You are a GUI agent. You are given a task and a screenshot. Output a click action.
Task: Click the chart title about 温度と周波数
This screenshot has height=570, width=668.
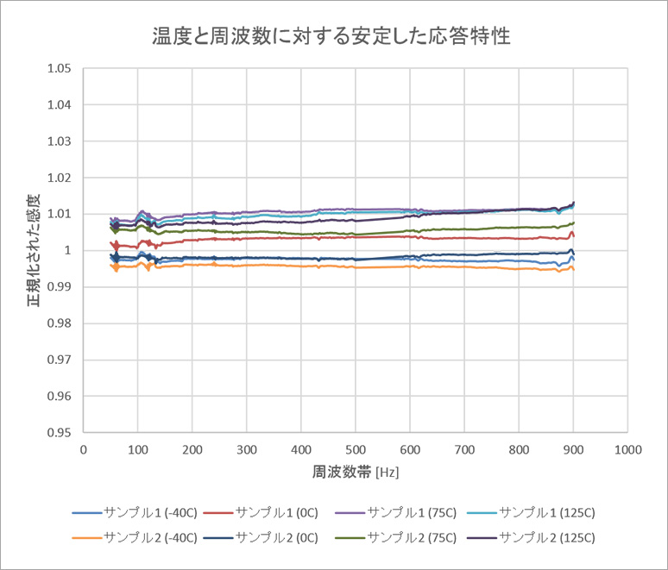point(331,36)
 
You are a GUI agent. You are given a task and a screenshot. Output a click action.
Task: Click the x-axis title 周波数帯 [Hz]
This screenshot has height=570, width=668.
point(356,473)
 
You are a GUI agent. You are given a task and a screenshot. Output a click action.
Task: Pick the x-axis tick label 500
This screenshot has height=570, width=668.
point(356,449)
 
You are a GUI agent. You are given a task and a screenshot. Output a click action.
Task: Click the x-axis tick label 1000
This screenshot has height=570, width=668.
point(627,449)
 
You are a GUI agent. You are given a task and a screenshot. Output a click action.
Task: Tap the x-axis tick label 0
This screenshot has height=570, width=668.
point(83,449)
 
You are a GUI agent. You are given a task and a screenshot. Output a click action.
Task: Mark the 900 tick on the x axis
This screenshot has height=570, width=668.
point(573,449)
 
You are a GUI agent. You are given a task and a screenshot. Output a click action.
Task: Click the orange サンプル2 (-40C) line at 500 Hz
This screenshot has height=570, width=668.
point(356,267)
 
